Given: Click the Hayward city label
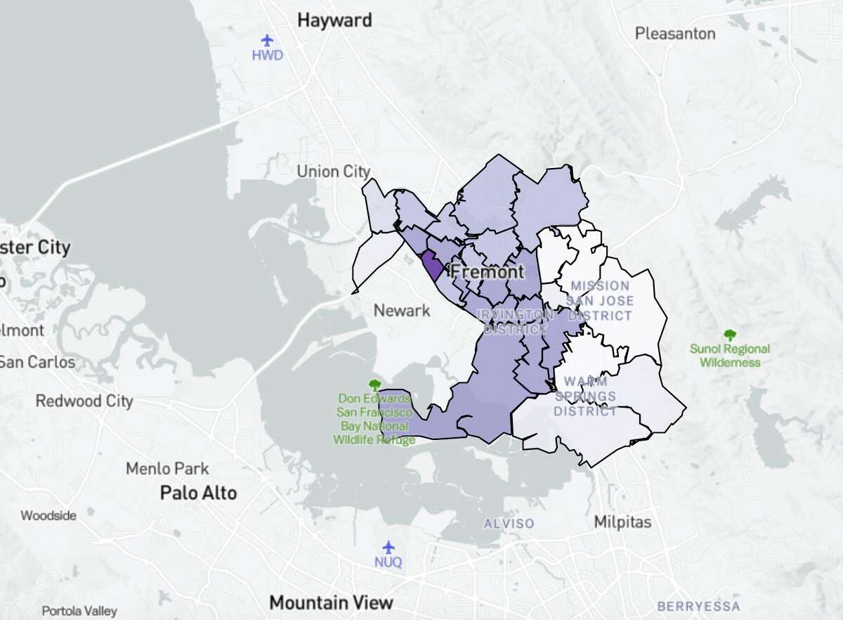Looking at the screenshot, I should coord(334,20).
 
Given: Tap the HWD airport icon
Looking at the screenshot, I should coord(267,40).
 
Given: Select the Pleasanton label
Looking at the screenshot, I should coord(675,33).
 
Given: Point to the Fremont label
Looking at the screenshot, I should coord(486,271).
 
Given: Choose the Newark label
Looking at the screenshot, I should coord(402,310).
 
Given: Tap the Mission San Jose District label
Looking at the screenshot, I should coord(601,301).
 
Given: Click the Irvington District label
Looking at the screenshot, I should coord(513,322).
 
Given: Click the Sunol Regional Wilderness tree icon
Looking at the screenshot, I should coord(730,335).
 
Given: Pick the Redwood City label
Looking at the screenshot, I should coord(84,401).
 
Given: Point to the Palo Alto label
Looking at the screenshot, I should coord(198,493).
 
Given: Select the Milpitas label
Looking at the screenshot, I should coord(622,522).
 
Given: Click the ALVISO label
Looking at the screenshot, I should coord(509,524).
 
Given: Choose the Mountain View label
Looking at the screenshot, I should coord(332,602).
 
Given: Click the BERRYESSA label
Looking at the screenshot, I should coord(698,606).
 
